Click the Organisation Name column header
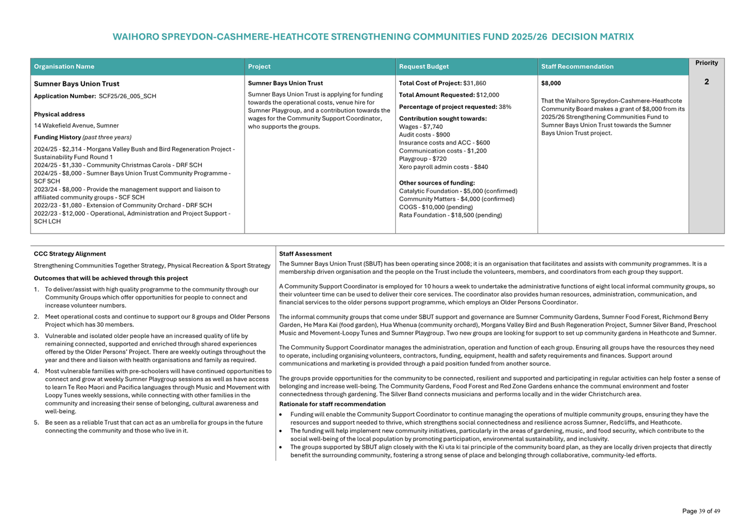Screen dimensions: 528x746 [x=64, y=67]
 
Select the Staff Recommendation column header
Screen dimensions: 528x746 [x=577, y=67]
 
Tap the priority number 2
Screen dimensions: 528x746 [x=707, y=82]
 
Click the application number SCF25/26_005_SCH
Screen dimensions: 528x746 [x=128, y=96]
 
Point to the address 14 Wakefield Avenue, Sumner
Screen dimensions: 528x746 [x=76, y=125]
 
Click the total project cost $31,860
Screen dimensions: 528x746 [x=474, y=83]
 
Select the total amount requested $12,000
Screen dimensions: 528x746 [x=488, y=95]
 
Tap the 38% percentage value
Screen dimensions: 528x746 [x=505, y=107]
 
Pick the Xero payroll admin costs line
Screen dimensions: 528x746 [x=443, y=167]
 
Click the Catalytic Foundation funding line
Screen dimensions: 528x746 [x=458, y=191]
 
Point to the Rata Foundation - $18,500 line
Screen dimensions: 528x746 [x=450, y=215]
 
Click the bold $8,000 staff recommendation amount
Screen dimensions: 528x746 [x=551, y=83]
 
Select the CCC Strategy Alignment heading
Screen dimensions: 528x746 [x=70, y=254]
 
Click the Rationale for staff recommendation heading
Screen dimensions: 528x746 [x=332, y=404]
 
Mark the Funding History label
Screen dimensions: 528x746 [x=57, y=137]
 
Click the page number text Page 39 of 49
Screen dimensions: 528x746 [x=701, y=511]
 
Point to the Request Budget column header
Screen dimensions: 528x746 [x=424, y=67]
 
